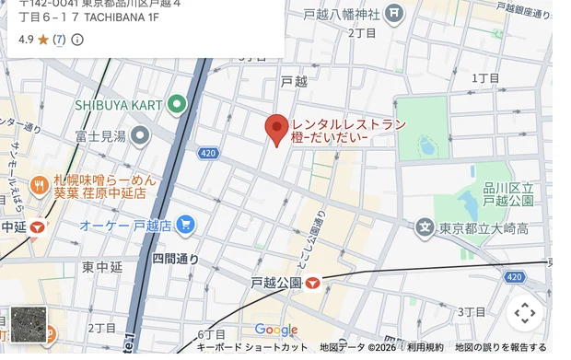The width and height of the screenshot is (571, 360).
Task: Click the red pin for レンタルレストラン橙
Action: point(277,129)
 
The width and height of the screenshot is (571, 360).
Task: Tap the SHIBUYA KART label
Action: point(119,106)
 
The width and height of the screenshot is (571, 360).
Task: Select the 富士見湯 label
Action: point(100,136)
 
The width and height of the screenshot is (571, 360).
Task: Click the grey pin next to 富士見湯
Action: point(140,136)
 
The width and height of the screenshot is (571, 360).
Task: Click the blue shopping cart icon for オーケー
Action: point(185,224)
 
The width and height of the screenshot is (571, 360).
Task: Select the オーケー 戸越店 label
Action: point(125,225)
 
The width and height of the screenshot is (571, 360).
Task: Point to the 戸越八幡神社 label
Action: point(342,14)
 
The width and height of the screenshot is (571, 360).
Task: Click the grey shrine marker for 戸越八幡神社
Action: point(394,14)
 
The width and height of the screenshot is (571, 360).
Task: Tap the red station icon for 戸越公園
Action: point(313,284)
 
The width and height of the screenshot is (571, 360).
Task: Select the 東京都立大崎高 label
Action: point(484,227)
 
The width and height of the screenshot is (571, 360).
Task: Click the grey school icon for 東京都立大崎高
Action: point(424,226)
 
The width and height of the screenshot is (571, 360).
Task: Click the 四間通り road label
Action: point(175,259)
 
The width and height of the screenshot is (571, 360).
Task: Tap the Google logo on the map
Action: point(275,330)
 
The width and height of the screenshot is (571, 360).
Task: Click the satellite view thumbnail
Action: point(29,324)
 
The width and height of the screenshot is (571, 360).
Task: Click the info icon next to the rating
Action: point(77,40)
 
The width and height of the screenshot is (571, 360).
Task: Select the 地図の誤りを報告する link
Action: point(501,347)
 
